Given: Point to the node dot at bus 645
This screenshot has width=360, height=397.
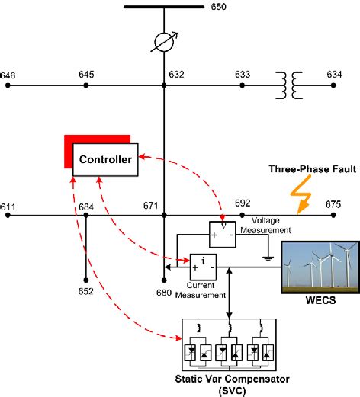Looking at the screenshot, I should tap(86, 85).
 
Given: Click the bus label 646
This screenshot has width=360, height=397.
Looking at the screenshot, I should tap(8, 75).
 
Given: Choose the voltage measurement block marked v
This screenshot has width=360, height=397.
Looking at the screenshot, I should tap(223, 233).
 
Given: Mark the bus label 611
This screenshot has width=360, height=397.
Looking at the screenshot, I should tap(8, 206).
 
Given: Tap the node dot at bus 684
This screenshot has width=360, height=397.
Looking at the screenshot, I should tap(86, 216).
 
